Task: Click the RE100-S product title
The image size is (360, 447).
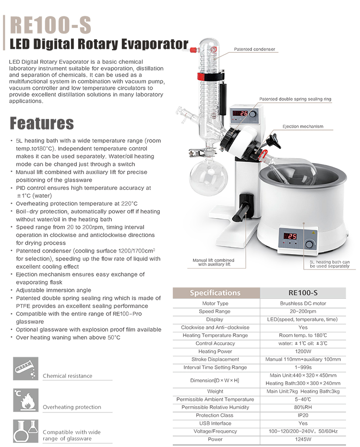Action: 50,25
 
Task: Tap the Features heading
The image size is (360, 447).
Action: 42,123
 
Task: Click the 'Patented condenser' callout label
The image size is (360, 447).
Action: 254,49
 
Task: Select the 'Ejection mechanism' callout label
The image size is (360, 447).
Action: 302,127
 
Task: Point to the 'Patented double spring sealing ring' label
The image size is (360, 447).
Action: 295,99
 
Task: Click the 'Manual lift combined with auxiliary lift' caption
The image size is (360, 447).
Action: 214,262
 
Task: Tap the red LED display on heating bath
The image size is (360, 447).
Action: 290,236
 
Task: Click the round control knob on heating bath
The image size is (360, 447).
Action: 310,244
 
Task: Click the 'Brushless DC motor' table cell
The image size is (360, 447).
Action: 303,304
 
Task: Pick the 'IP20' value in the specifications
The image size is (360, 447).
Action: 303,415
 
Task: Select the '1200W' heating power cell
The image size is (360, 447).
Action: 303,352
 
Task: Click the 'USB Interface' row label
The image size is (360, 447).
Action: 215,423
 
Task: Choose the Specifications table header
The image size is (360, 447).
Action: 215,293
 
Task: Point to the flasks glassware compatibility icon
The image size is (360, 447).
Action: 26,431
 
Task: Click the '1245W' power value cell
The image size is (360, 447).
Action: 303,439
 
